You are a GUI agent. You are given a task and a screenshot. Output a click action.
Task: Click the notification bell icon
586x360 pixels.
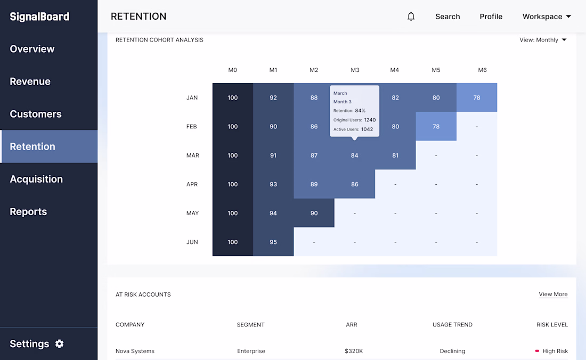411,17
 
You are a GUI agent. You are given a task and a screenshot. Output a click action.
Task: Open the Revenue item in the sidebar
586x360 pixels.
30,81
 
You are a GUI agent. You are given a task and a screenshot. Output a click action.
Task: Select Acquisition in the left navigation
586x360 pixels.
36,179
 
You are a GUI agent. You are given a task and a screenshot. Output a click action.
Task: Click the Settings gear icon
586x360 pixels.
60,343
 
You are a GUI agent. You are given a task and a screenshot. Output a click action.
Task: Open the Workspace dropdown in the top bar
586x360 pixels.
547,17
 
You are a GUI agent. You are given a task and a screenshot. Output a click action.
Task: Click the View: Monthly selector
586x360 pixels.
543,40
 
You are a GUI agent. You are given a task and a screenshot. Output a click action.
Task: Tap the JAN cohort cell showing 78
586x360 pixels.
477,97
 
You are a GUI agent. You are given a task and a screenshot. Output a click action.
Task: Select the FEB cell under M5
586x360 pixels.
436,127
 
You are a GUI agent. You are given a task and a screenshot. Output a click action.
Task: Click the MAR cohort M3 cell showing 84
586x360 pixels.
354,156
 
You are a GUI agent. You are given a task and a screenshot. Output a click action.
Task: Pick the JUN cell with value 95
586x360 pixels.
273,242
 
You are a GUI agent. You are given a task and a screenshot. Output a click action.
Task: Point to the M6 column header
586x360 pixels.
482,70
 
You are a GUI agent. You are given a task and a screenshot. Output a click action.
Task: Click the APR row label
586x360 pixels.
192,184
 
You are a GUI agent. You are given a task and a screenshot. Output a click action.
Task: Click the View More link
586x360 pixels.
553,294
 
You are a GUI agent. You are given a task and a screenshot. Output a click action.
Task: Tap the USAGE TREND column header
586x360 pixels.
452,324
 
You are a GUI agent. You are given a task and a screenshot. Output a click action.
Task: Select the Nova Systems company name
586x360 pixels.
135,351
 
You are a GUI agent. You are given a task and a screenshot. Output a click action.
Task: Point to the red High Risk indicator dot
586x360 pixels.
537,351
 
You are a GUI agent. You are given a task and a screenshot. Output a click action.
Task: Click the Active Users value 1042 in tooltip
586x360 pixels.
367,129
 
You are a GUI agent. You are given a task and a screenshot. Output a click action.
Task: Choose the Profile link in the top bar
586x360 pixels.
491,17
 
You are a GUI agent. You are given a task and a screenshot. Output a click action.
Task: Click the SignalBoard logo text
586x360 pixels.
39,17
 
